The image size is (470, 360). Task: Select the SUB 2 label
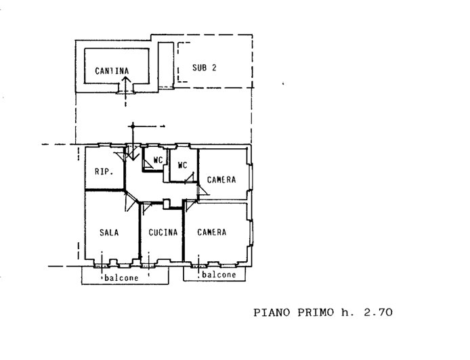[204, 67]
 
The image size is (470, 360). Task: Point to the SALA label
[108, 232]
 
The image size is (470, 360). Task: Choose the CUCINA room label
[163, 232]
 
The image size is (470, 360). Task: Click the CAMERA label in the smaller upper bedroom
[221, 179]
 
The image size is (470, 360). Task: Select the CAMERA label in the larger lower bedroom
[211, 232]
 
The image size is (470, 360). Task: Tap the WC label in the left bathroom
[158, 160]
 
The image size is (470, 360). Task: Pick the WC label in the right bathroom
[182, 165]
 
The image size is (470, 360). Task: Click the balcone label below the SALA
[121, 278]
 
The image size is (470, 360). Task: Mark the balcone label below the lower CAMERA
[219, 275]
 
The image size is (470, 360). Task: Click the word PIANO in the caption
[273, 313]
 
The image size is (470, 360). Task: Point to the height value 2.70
[377, 313]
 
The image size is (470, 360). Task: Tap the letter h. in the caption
[347, 313]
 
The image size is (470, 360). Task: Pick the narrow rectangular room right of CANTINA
[165, 64]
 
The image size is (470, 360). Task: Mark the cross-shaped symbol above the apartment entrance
[133, 126]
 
